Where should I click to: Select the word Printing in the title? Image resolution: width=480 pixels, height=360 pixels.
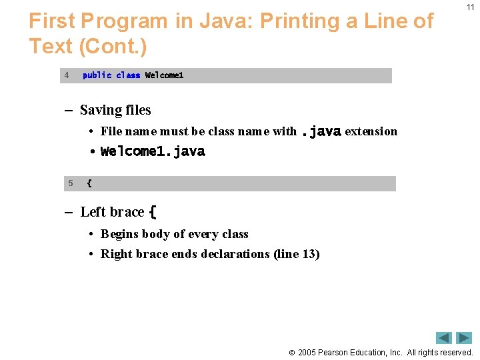click(x=301, y=21)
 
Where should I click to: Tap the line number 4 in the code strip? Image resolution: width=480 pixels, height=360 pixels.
click(x=67, y=75)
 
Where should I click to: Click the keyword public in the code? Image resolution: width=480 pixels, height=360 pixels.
click(x=97, y=75)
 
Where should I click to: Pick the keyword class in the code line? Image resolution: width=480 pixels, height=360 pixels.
click(x=128, y=75)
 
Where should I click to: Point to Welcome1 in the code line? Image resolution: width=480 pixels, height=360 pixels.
click(x=164, y=75)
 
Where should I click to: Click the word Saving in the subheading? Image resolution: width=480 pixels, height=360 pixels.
click(x=101, y=110)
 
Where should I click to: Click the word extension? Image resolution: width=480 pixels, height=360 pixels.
click(x=371, y=131)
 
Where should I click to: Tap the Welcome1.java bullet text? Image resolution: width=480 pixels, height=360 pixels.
click(x=153, y=151)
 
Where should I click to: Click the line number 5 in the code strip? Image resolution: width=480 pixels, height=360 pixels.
click(x=69, y=183)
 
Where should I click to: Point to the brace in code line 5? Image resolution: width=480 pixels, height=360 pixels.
click(x=89, y=183)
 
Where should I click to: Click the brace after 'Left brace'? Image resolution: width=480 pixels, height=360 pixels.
click(x=153, y=212)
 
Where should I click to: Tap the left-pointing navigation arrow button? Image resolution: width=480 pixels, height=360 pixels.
click(x=444, y=338)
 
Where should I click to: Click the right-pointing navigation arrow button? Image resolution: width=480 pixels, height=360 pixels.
click(x=465, y=338)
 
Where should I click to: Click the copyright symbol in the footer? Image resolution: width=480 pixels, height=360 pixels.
click(x=291, y=352)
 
